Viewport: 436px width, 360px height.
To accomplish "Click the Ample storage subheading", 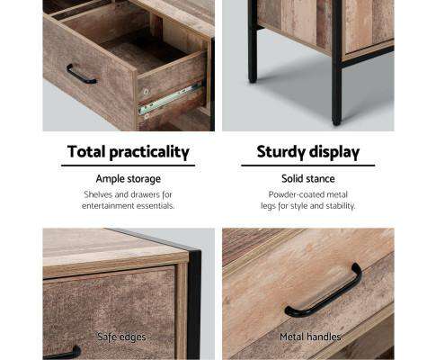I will (129, 179).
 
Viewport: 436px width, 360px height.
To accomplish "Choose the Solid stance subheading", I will (308, 179).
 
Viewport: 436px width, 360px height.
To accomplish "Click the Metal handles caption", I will (308, 337).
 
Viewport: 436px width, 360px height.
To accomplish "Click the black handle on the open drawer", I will (81, 75).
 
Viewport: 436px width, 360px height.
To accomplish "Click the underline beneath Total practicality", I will (129, 166).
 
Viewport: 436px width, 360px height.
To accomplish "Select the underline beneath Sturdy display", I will (308, 166).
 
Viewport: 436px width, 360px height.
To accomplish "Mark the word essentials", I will (154, 206).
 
